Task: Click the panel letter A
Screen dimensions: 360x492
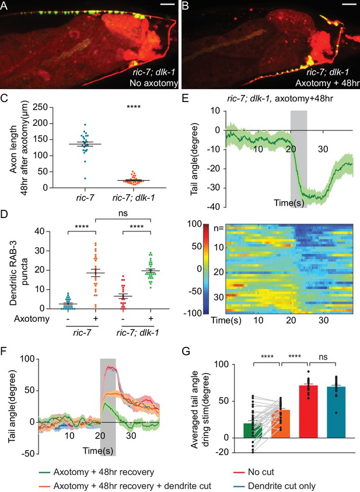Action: pos(4,5)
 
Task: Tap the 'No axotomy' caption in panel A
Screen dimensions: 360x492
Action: pos(153,83)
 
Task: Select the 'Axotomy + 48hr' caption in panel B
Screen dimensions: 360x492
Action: pos(327,83)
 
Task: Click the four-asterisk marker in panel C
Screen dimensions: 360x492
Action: pos(134,107)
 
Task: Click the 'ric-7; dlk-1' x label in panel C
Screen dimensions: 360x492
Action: pos(134,198)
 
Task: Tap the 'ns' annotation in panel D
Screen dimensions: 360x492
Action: pos(123,213)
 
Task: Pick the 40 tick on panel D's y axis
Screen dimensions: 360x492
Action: pos(40,231)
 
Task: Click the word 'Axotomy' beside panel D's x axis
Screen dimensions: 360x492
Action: pos(32,319)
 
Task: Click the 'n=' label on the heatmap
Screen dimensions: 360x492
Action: pos(218,228)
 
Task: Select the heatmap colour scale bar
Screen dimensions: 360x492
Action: pos(206,269)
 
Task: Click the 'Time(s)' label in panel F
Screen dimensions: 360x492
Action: pos(98,451)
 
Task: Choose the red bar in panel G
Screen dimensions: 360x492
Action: pos(308,412)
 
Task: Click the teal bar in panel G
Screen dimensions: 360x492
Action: pos(336,412)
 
